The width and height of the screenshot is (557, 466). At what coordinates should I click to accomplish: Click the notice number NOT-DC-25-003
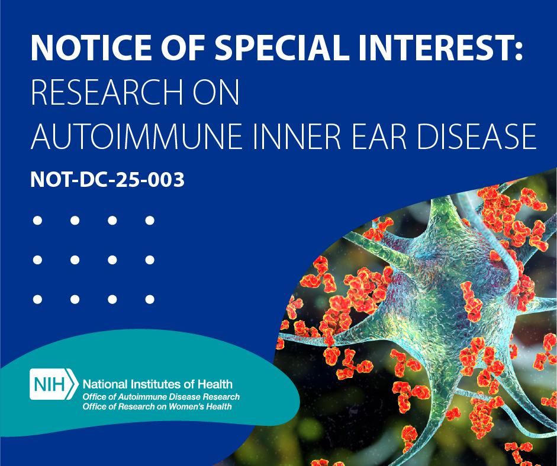point(108,180)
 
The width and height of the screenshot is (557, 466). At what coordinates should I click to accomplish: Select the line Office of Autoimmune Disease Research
point(161,397)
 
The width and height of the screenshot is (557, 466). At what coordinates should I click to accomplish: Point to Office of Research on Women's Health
point(157,407)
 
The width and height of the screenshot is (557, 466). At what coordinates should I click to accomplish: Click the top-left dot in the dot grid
point(37,221)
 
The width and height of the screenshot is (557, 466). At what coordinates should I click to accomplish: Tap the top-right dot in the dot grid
point(150,221)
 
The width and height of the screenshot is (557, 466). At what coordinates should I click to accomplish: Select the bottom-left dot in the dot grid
point(37,299)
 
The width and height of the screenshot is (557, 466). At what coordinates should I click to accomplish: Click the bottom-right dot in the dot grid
point(150,299)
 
